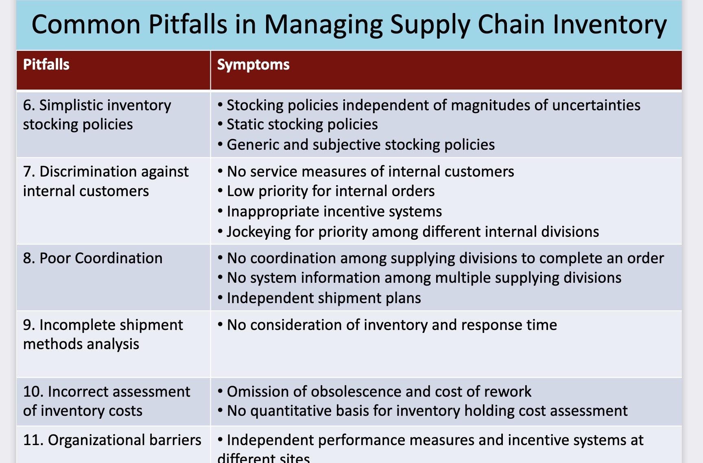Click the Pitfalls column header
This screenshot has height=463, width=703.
[46, 65]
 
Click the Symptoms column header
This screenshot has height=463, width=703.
[253, 65]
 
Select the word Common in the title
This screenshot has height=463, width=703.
[86, 25]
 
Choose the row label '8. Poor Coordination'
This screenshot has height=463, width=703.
[93, 258]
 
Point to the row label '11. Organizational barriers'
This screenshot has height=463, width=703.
[112, 440]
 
